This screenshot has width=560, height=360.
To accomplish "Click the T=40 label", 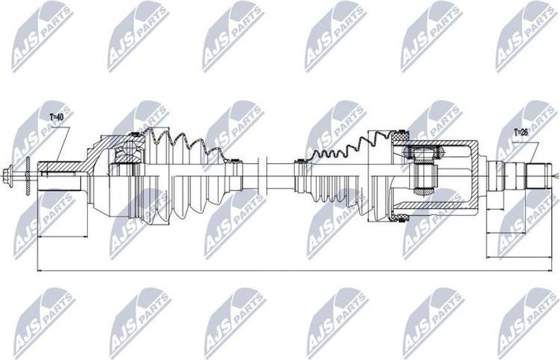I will pyautogui.click(x=57, y=117).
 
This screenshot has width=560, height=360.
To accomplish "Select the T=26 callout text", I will pyautogui.click(x=520, y=131).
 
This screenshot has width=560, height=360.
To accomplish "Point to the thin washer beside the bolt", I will pyautogui.click(x=27, y=176).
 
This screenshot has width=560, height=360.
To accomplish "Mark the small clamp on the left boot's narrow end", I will pyautogui.click(x=234, y=161).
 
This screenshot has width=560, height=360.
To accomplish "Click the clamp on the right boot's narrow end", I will pyautogui.click(x=299, y=161).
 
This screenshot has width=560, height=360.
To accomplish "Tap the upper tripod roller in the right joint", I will pyautogui.click(x=424, y=150).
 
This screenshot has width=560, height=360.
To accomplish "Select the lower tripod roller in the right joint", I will pyautogui.click(x=424, y=191).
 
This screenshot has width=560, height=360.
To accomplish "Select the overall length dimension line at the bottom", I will pyautogui.click(x=295, y=270).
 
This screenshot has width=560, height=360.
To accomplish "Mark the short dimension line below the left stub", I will pyautogui.click(x=62, y=237).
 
